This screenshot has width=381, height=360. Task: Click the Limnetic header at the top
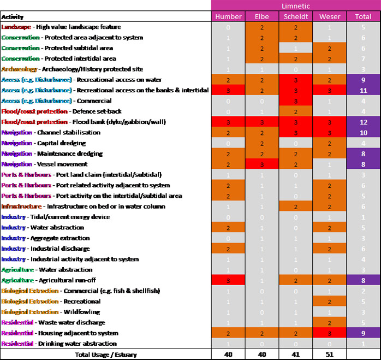(x=296, y=5)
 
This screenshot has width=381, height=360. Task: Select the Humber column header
(x=228, y=16)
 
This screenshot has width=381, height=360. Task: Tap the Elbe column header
(x=261, y=16)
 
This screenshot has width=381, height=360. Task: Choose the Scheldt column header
(x=295, y=16)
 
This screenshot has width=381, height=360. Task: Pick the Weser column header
(x=329, y=16)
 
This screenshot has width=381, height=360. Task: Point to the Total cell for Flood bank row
(x=363, y=122)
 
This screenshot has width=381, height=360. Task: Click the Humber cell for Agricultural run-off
(x=228, y=280)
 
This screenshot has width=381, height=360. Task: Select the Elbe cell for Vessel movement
(x=261, y=164)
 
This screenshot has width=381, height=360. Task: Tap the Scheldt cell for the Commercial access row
(x=295, y=101)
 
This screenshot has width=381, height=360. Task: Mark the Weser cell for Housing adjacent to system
(x=329, y=333)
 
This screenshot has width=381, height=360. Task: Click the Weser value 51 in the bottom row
(x=329, y=355)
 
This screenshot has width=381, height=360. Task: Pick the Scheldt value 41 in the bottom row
(x=295, y=355)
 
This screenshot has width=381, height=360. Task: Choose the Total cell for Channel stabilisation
(x=363, y=133)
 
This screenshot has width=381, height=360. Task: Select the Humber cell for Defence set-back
(x=228, y=111)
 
